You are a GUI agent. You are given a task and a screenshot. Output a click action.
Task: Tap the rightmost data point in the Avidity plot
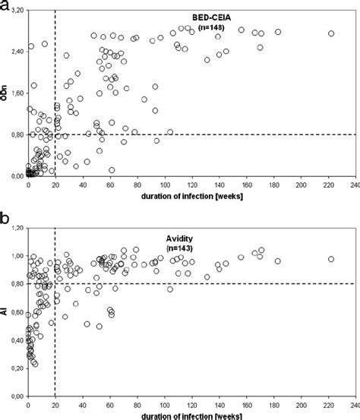click(330, 259)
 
